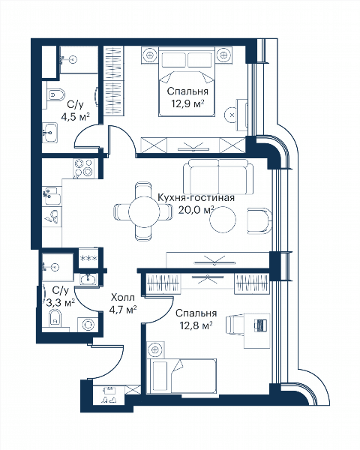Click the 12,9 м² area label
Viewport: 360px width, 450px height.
pos(187,103)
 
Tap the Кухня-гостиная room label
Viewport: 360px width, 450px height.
pos(196,198)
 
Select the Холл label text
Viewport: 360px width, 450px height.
pos(122,298)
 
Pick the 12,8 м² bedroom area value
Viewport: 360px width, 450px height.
pos(196,325)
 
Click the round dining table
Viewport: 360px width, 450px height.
pos(144,212)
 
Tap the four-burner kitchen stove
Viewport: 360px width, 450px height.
pos(83,168)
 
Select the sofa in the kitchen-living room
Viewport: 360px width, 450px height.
pos(218,177)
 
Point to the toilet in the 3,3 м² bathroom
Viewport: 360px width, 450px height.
pos(55,319)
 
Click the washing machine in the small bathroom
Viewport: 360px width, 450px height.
pos(88,325)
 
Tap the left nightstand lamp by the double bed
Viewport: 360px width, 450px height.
pos(149,55)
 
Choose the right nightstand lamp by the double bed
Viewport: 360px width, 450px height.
pos(223,55)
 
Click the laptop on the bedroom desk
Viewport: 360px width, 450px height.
pos(261,325)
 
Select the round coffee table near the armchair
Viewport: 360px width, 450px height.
pos(223,220)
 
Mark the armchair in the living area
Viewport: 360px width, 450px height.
pos(259,220)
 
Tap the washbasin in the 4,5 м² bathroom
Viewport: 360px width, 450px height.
pos(50,132)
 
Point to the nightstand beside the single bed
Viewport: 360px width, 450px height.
pos(155,349)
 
